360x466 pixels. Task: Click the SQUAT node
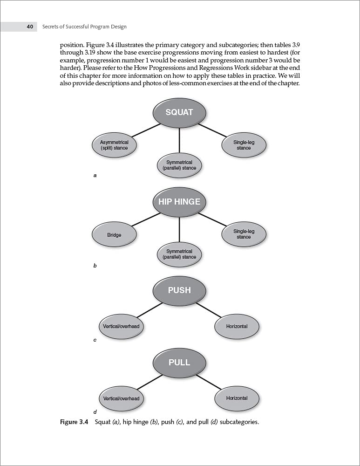pyautogui.click(x=179, y=112)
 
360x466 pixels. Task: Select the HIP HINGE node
pyautogui.click(x=179, y=202)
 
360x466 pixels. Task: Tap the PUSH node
pyautogui.click(x=179, y=290)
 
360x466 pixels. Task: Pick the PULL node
pyautogui.click(x=179, y=362)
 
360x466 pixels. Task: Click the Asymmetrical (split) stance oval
pyautogui.click(x=114, y=145)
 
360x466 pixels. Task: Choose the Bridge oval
pyautogui.click(x=114, y=235)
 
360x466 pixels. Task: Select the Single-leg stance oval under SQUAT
pyautogui.click(x=244, y=145)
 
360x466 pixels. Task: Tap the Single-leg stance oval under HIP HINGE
pyautogui.click(x=244, y=234)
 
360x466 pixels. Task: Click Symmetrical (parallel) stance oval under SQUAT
pyautogui.click(x=179, y=165)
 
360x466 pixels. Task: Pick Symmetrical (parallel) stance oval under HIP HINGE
pyautogui.click(x=179, y=254)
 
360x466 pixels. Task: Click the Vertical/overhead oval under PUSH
pyautogui.click(x=121, y=326)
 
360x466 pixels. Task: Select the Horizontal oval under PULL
pyautogui.click(x=237, y=398)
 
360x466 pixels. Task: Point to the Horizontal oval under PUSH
pyautogui.click(x=237, y=326)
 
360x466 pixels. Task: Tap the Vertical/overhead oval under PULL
pyautogui.click(x=121, y=398)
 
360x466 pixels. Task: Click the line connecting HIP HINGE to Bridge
pyautogui.click(x=146, y=219)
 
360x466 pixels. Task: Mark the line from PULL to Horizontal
pyautogui.click(x=209, y=382)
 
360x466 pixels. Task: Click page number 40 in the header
pyautogui.click(x=30, y=27)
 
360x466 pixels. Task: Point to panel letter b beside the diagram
pyautogui.click(x=95, y=266)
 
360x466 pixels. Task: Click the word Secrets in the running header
pyautogui.click(x=52, y=27)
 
